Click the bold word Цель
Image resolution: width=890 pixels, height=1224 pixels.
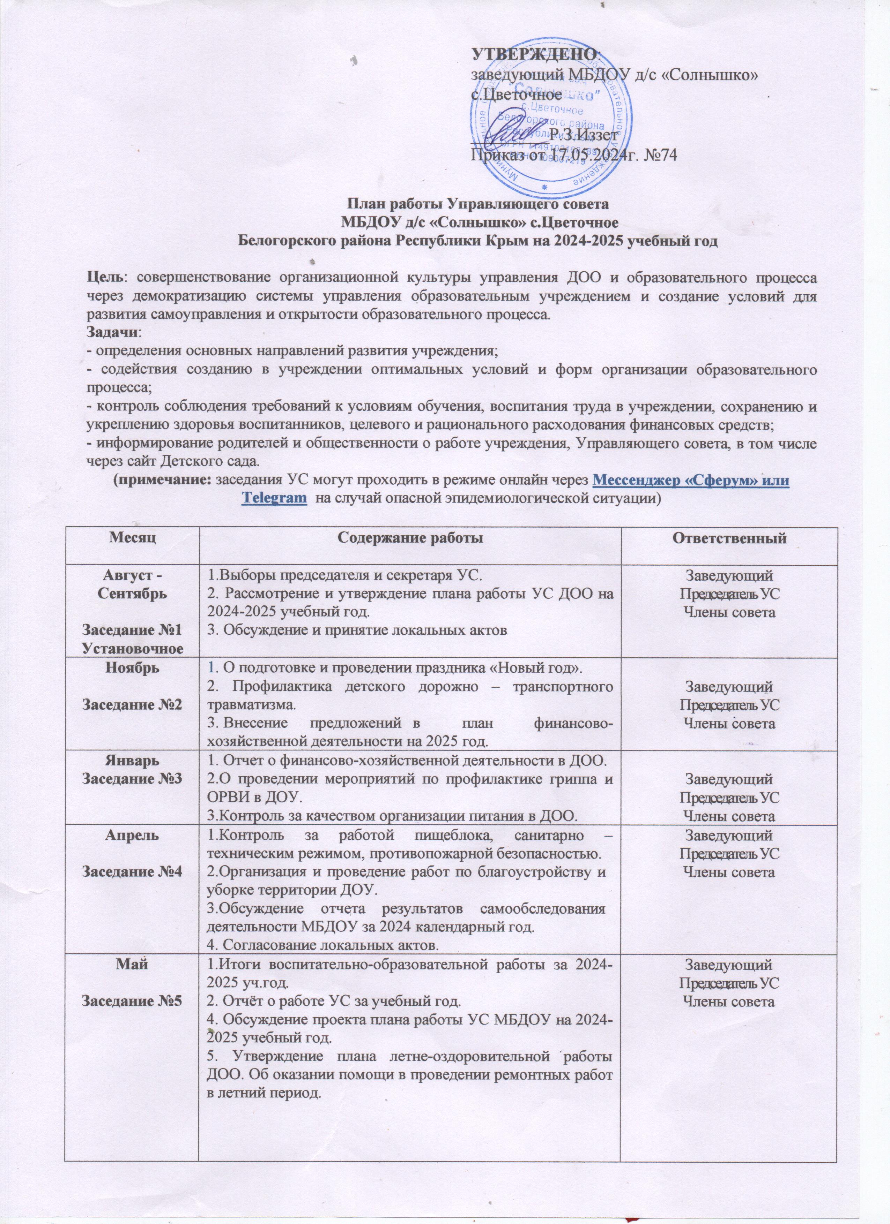coord(105,279)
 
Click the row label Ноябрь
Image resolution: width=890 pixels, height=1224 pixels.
coord(131,667)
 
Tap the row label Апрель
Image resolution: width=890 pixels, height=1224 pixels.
coord(131,836)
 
